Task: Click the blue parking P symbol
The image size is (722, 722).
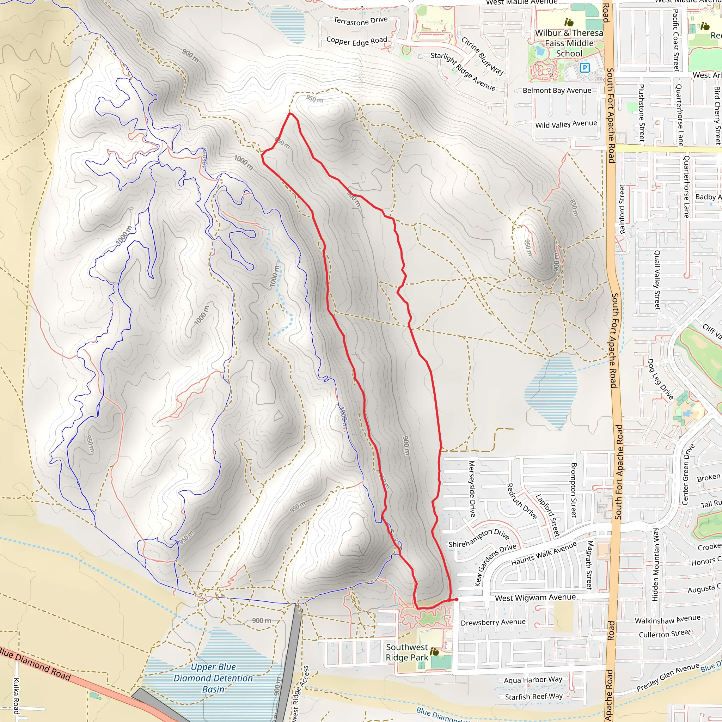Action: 585,68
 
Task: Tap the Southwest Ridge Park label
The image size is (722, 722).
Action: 406,652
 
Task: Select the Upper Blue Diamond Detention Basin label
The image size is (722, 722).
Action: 213,678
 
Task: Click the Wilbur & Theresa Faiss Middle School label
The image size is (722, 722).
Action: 569,43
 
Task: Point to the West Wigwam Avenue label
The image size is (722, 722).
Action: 535,598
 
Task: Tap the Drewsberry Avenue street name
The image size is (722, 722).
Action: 493,622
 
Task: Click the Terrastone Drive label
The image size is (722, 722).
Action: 360,21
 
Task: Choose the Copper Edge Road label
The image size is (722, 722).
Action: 356,41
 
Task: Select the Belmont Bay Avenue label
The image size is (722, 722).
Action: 557,91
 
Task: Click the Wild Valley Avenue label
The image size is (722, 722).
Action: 566,124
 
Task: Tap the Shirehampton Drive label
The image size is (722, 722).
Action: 479,538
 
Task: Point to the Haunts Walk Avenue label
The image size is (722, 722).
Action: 544,554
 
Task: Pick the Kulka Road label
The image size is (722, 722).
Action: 17,696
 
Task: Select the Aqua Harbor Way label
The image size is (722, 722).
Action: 533,680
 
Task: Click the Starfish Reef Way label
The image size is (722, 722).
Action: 533,697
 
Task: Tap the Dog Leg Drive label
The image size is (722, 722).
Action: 660,379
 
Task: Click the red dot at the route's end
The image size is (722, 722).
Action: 456,599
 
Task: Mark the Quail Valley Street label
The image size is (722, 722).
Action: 656,280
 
